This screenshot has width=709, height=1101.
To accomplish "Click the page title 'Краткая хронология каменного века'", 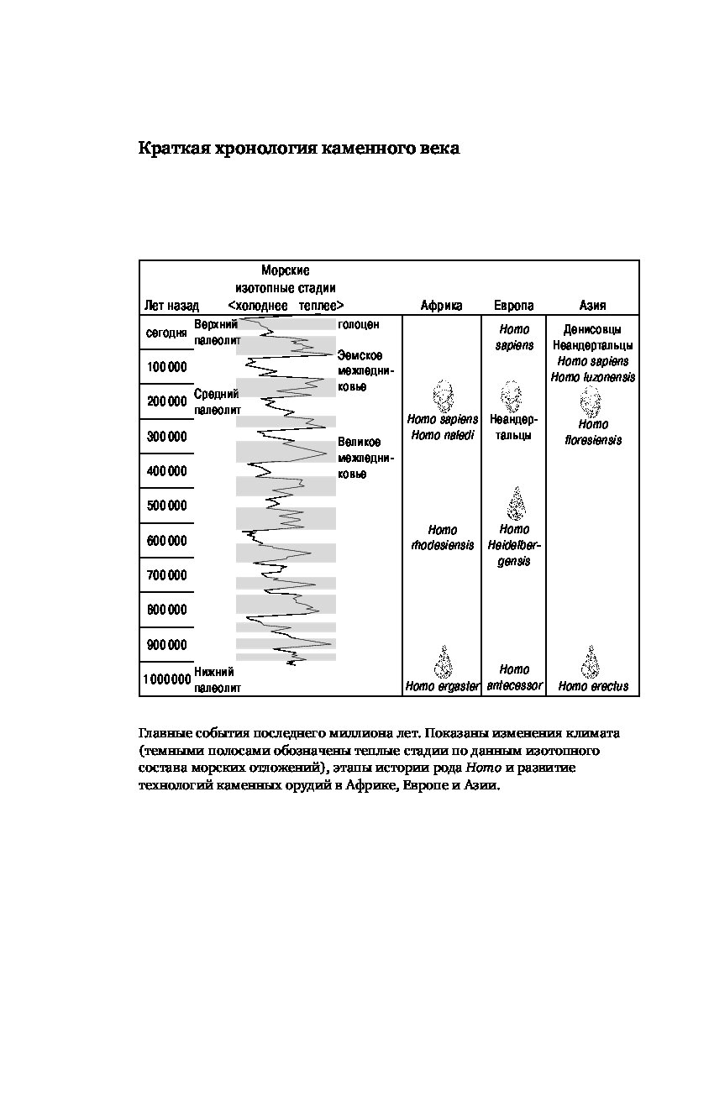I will click(299, 149).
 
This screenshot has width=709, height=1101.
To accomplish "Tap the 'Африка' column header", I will click(441, 306).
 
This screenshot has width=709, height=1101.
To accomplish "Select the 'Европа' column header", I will click(513, 306).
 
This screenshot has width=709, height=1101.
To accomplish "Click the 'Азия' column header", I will click(592, 306).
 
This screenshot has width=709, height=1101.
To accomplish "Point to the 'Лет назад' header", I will click(171, 306).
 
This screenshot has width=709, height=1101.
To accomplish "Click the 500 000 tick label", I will click(167, 506).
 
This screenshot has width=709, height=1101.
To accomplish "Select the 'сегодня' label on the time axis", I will click(166, 333).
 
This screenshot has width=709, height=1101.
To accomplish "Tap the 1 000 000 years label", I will click(166, 679).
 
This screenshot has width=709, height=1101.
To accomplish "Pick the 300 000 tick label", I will click(167, 437).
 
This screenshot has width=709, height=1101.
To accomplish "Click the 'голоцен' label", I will click(358, 324).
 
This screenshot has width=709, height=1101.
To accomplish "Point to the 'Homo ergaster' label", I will click(442, 686).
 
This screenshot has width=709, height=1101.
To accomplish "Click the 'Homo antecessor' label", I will click(514, 678).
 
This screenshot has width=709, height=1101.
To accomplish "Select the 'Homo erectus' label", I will click(593, 686).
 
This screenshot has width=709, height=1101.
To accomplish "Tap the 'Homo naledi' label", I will click(442, 435).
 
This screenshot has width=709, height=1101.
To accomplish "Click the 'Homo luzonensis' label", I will click(593, 377).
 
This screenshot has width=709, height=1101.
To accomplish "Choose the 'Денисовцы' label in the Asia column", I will click(593, 329).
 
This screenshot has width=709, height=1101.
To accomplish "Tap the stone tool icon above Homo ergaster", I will click(443, 662).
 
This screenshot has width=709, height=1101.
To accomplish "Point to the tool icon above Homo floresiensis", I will click(592, 401).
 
